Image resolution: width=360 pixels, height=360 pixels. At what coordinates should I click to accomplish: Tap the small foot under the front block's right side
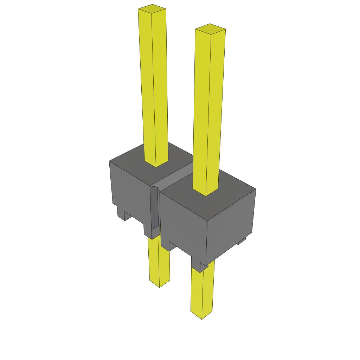click(241, 241)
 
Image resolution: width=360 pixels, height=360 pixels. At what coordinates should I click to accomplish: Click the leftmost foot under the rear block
click(122, 215)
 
